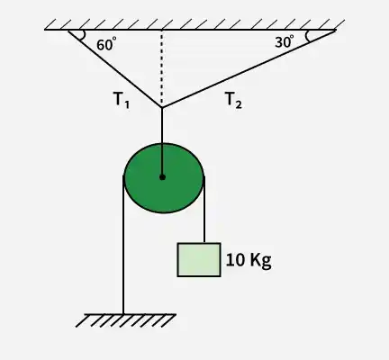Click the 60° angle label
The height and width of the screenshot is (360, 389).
click(x=106, y=44)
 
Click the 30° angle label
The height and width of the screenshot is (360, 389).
click(x=285, y=41)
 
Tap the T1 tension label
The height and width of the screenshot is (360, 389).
click(x=122, y=100)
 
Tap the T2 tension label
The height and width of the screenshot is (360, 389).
click(x=233, y=100)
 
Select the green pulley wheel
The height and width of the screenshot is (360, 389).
click(x=164, y=178)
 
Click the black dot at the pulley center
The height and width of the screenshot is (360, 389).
click(x=162, y=177)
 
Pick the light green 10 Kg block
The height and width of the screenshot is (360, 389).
click(x=199, y=260)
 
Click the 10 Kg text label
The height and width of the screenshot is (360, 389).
click(x=249, y=260)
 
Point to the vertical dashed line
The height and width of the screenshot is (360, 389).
click(x=162, y=68)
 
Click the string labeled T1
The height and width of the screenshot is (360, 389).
click(x=115, y=68)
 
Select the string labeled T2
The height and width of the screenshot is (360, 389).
click(x=249, y=68)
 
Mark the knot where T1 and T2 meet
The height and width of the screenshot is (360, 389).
click(x=162, y=107)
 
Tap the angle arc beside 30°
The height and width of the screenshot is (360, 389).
click(x=307, y=36)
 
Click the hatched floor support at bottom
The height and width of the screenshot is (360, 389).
click(x=126, y=320)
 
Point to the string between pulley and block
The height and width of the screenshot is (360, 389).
click(x=204, y=210)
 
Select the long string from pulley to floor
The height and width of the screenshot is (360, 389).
click(x=123, y=246)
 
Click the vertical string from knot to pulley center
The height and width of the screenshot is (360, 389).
click(x=162, y=142)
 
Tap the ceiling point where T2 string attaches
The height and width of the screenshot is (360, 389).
click(x=335, y=30)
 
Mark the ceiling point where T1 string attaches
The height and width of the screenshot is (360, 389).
click(x=68, y=31)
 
